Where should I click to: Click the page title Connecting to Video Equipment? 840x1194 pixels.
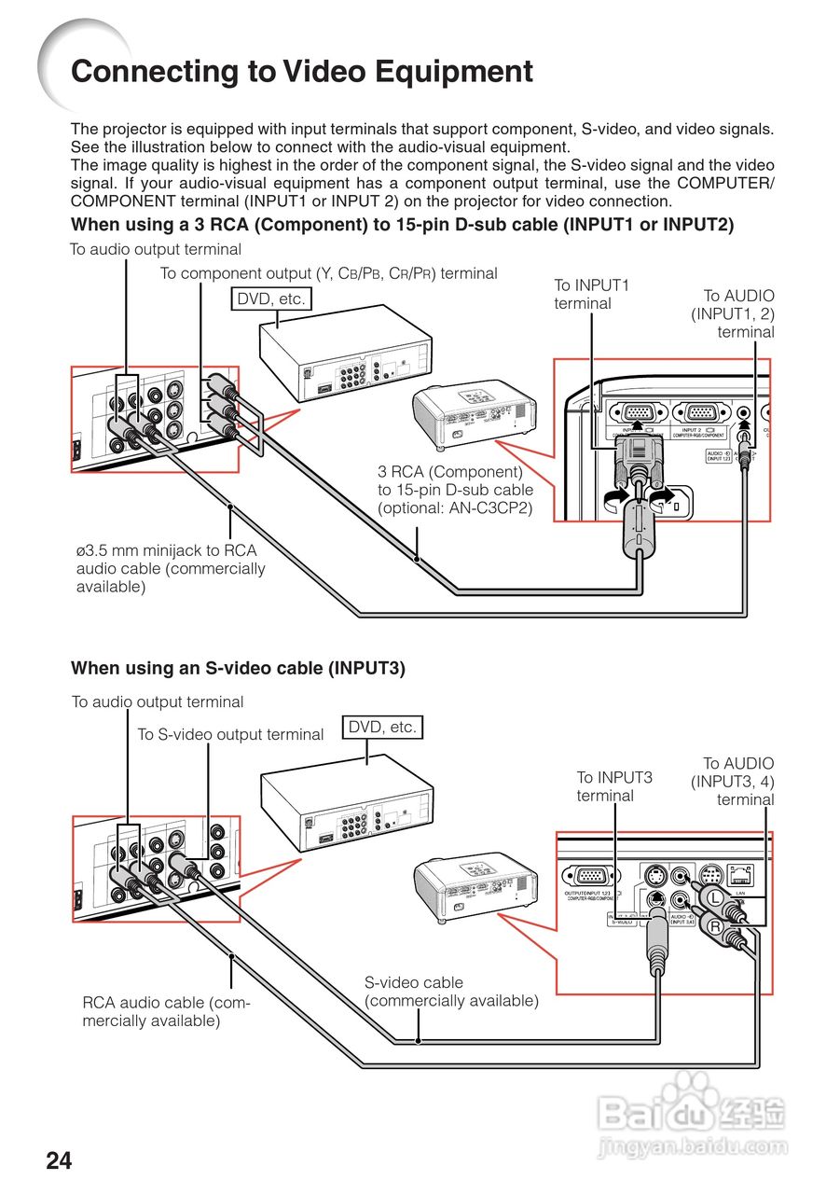(302, 72)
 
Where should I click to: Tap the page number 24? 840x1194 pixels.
(59, 1160)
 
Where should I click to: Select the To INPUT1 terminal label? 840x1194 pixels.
(591, 294)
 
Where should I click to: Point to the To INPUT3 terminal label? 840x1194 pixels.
(613, 786)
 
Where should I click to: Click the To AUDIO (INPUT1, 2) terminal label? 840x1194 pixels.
(733, 313)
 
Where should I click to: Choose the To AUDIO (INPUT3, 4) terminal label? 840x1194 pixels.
(733, 782)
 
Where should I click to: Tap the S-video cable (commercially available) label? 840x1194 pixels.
(451, 992)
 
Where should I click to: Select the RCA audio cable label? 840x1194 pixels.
(166, 1011)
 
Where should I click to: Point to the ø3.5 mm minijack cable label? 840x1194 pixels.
(170, 568)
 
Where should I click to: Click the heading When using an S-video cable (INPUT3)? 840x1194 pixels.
(238, 668)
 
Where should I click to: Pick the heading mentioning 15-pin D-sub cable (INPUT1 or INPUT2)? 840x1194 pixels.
(402, 225)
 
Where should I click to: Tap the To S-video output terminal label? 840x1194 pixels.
(230, 734)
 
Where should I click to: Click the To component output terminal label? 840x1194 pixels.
(328, 273)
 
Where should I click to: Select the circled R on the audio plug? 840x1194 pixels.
(715, 927)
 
